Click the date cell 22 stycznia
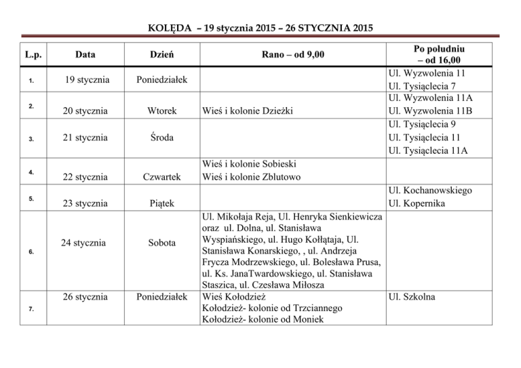point(85,177)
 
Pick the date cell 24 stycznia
point(85,242)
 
